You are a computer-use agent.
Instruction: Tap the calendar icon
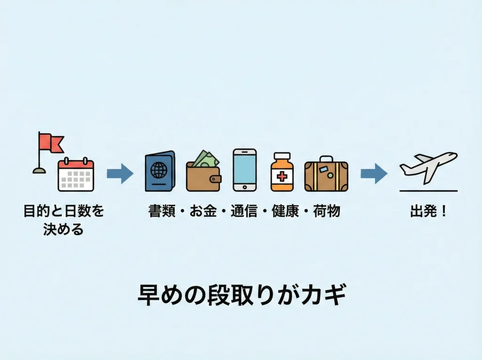pos(76,175)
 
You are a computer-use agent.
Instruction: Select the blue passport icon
pos(160,171)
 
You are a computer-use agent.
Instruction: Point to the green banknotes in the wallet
pos(206,158)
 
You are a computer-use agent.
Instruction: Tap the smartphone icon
pos(245,170)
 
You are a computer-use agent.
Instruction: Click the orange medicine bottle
pos(282,172)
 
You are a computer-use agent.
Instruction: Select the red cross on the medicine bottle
pos(282,177)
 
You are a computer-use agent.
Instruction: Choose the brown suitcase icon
pos(326,175)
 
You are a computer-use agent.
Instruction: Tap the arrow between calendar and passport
pos(120,173)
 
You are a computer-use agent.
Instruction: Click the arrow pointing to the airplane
pos(374,173)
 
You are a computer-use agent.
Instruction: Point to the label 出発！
pos(428,211)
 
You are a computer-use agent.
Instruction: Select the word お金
pos(203,211)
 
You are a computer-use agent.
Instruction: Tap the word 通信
pos(244,211)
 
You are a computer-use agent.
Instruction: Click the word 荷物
pos(326,211)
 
